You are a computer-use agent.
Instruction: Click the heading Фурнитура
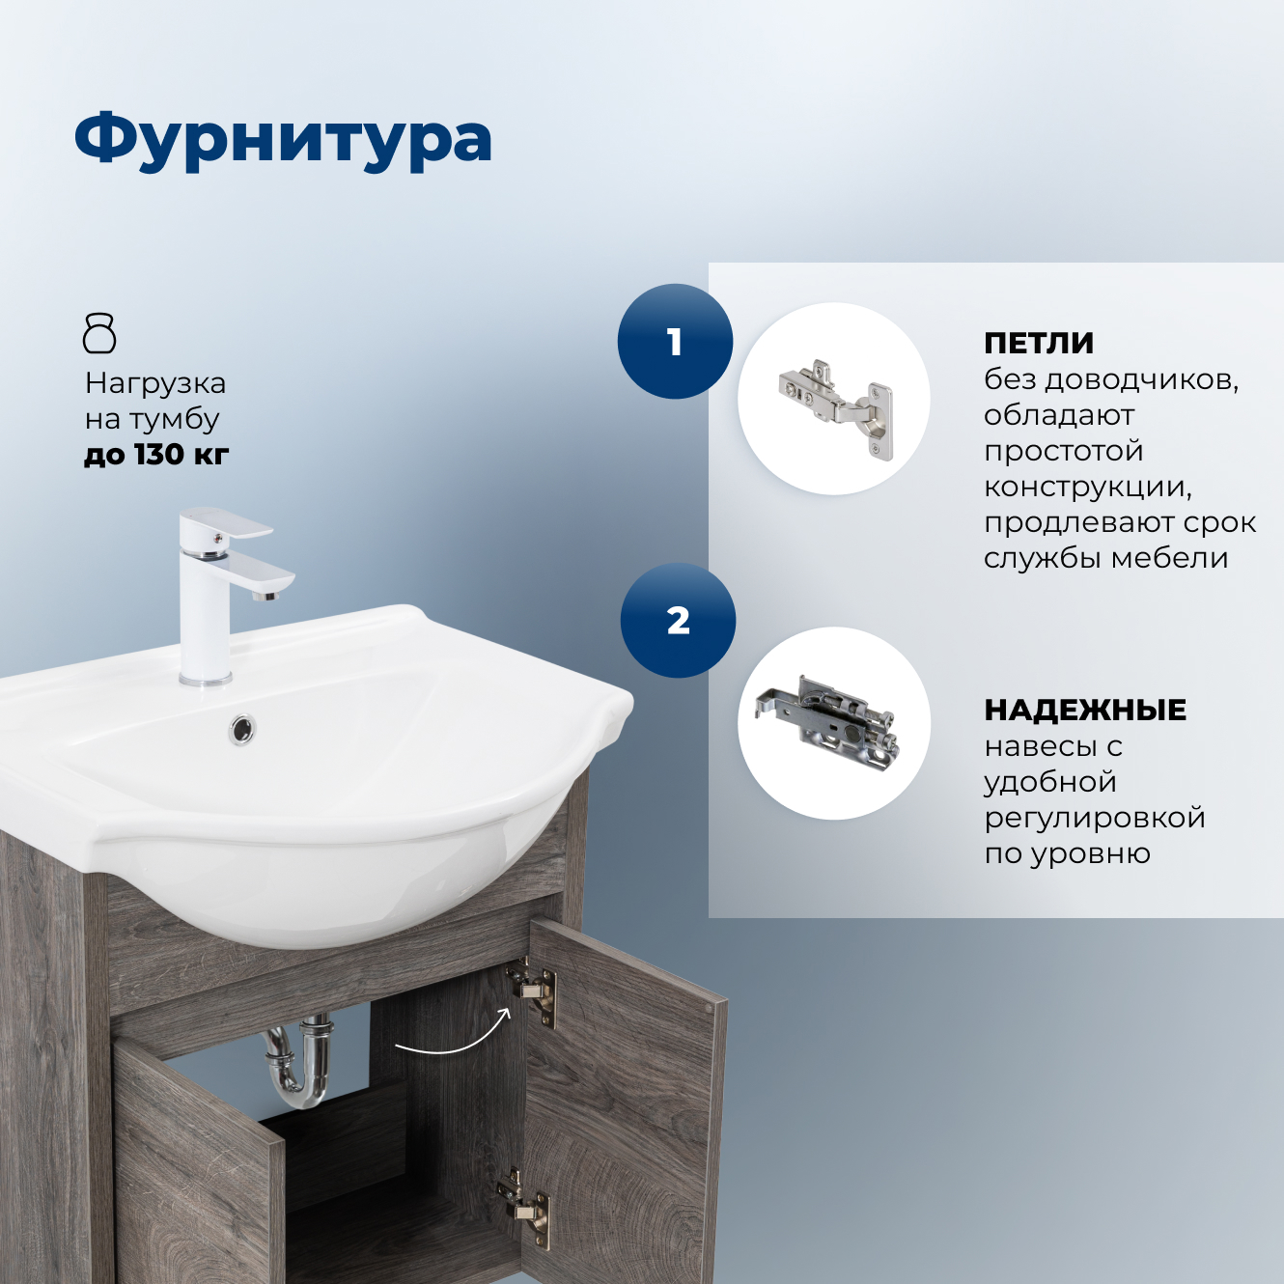pos(283,140)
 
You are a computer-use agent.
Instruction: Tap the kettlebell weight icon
pos(99,333)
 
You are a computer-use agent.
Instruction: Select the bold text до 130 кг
pos(156,454)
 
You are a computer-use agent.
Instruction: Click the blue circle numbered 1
pos(675,341)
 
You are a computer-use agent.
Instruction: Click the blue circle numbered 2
pos(678,620)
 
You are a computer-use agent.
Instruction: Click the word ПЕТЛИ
pos(1039,343)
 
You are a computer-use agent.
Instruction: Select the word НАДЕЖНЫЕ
pos(1085,710)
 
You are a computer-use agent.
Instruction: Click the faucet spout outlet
pos(265,595)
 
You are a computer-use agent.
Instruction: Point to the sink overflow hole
pos(242,728)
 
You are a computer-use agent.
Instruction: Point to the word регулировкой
pos(1095,818)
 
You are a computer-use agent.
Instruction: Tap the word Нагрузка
pos(155,383)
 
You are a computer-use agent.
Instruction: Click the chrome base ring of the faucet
pos(205,680)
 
